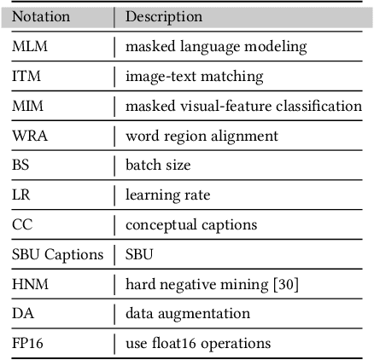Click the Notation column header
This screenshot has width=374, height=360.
tap(42, 16)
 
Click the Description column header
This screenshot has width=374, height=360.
tap(164, 16)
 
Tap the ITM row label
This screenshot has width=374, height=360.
tap(26, 76)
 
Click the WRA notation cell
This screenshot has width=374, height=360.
tap(30, 136)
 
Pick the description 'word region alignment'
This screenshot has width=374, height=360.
tap(202, 136)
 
